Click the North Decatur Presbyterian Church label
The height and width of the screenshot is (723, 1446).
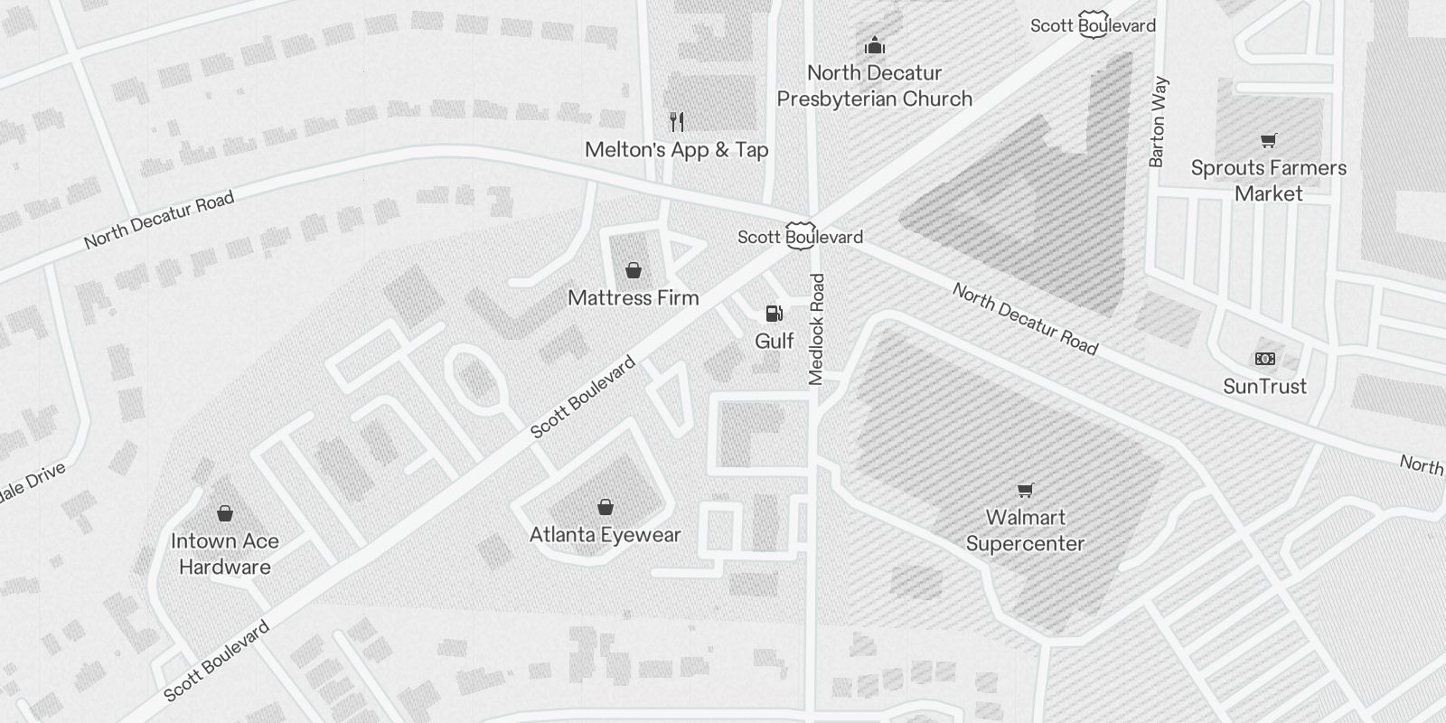click(x=874, y=86)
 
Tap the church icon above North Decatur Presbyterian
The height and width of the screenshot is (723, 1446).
click(x=874, y=45)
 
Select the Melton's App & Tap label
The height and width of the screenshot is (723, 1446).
click(x=676, y=150)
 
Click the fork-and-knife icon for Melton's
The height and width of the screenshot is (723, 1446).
click(x=676, y=121)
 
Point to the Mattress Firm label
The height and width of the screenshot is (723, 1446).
click(x=633, y=297)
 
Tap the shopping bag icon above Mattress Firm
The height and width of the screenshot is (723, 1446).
click(x=634, y=269)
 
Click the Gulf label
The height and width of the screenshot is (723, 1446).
click(x=774, y=341)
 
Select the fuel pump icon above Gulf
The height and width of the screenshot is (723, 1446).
click(x=774, y=314)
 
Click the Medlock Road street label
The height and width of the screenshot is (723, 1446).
click(x=817, y=330)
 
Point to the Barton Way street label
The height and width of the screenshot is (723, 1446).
click(x=1158, y=122)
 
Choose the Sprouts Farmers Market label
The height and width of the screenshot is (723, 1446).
click(x=1268, y=181)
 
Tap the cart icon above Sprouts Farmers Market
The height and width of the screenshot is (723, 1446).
click(x=1268, y=140)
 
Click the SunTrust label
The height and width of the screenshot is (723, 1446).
click(x=1264, y=387)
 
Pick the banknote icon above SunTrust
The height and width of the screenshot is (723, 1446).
click(x=1265, y=359)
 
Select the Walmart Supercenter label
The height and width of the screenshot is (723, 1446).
click(x=1025, y=531)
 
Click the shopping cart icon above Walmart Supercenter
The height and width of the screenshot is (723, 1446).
click(x=1025, y=490)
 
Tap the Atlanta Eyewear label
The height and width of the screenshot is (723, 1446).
click(x=605, y=535)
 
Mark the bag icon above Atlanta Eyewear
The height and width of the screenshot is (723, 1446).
click(x=606, y=507)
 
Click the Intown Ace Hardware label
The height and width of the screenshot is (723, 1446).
click(x=224, y=554)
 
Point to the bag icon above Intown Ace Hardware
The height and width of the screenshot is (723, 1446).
click(x=225, y=513)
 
